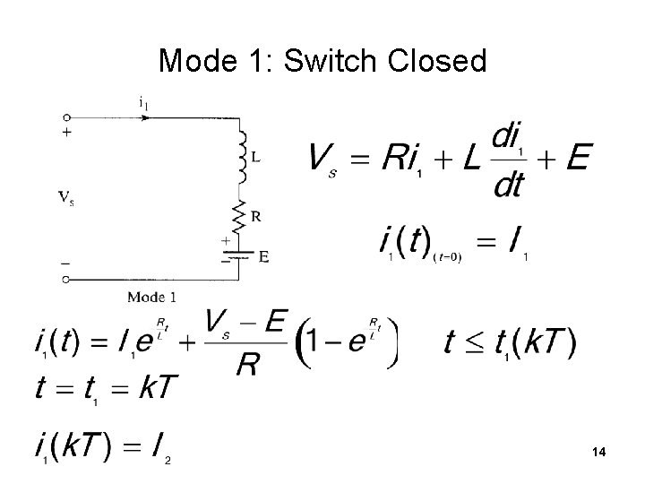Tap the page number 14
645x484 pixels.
coord(598,454)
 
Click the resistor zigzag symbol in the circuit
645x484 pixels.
coord(240,214)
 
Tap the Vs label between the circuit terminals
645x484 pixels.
coord(66,198)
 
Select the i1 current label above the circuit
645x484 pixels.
coord(143,102)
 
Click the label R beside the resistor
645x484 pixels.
coord(256,216)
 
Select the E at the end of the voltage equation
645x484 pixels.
coord(578,159)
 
